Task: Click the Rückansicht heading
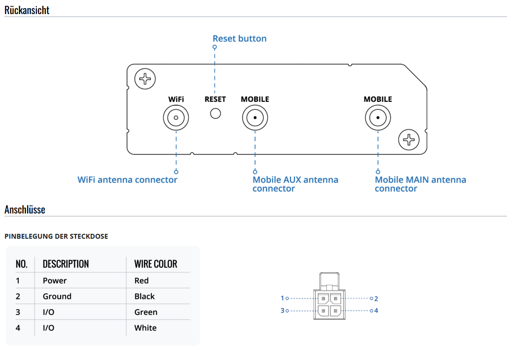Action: pos(27,10)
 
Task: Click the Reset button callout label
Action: pos(239,38)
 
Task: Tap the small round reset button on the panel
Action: pos(215,113)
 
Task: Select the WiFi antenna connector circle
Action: pos(176,118)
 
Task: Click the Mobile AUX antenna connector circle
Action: pos(255,118)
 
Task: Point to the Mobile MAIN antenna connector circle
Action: pos(377,118)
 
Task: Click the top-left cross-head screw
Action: pos(145,79)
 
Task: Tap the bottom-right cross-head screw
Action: pos(409,140)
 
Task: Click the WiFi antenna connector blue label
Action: pos(128,180)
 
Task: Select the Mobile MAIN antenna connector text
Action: pos(420,184)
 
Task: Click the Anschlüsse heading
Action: pos(25,210)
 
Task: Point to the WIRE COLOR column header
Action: pos(156,264)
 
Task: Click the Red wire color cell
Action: pos(142,280)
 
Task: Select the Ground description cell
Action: pos(57,296)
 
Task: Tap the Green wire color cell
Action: pos(146,312)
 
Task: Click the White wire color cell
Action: pos(145,328)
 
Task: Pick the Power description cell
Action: pos(55,280)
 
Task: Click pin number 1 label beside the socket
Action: pos(282,298)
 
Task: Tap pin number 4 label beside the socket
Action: pos(376,311)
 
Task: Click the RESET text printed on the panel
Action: pos(215,99)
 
